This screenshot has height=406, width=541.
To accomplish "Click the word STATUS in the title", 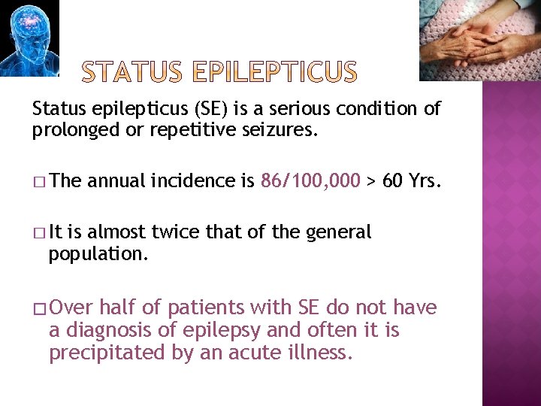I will click(x=132, y=73).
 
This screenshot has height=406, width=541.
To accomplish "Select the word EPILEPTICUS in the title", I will click(x=275, y=73).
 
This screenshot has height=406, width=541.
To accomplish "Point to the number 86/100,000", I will click(x=310, y=181).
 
